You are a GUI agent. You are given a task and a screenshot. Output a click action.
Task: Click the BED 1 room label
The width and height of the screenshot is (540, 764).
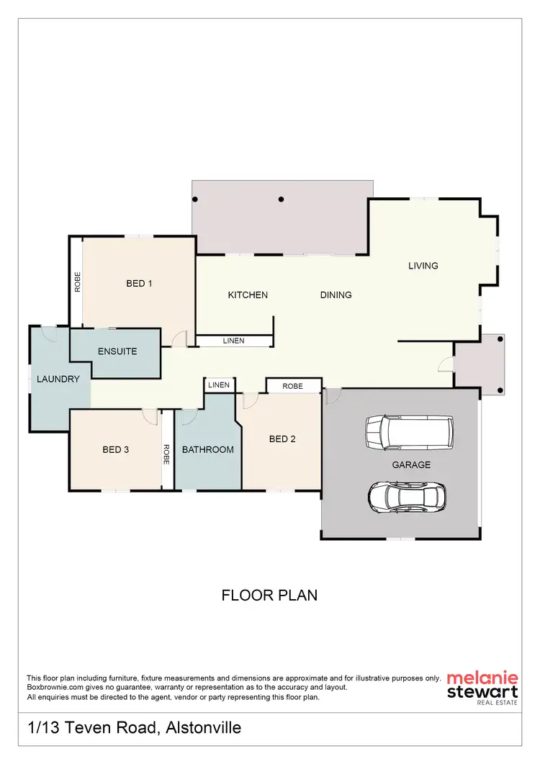click(x=139, y=284)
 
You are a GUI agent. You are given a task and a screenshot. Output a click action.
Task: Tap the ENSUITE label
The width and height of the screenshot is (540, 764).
click(x=117, y=352)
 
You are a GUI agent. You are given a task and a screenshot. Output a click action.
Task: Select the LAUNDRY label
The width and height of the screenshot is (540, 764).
click(x=58, y=379)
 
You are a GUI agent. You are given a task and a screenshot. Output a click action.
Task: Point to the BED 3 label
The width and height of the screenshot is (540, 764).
click(x=115, y=450)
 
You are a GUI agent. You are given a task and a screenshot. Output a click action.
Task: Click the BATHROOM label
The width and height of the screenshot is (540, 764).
click(x=207, y=450)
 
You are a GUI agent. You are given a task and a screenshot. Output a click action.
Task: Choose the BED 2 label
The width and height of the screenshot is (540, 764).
click(x=282, y=439)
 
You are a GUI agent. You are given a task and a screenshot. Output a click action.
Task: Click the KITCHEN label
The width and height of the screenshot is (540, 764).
click(x=248, y=295)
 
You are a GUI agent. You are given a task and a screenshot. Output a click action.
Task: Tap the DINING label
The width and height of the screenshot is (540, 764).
click(x=336, y=295)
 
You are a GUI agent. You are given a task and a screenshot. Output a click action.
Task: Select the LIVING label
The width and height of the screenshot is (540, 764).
click(x=423, y=266)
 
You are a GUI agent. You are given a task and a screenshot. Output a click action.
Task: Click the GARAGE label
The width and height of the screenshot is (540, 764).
click(x=411, y=465)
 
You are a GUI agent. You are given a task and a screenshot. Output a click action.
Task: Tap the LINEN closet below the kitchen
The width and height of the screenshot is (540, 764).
click(x=233, y=341)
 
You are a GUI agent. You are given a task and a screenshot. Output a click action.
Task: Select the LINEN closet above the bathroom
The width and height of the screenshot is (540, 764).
click(x=219, y=385)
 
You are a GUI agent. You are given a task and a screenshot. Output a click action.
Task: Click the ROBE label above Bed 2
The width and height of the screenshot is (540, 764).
click(x=292, y=387)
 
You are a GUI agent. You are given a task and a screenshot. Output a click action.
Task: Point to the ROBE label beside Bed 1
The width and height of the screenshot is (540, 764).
click(x=76, y=282)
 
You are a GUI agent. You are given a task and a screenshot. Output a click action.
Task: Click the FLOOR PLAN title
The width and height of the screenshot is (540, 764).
click(x=269, y=596)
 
